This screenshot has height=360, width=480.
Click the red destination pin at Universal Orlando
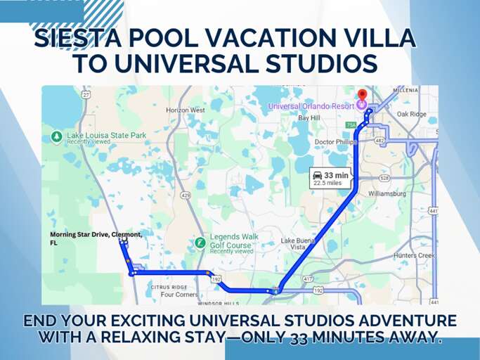[362, 95]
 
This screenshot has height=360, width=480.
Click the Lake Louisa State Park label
[106, 136]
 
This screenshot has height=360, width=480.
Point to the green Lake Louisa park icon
[56, 136]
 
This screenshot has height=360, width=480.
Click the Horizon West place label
[186, 110]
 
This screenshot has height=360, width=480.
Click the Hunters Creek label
[415, 256]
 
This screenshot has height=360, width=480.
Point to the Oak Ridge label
[412, 114]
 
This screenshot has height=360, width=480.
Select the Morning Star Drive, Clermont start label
[96, 237]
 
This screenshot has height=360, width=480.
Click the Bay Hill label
[309, 118]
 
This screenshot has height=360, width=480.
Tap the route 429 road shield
[185, 195]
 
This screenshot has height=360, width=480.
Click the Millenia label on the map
[406, 91]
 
